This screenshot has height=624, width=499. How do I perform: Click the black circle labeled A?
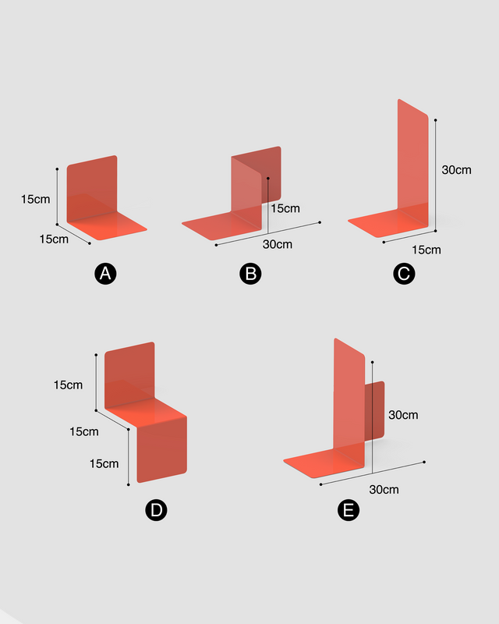pos(105,274)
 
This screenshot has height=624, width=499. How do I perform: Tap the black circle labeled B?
pos(251,274)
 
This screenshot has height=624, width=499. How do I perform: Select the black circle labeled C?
pos(404,274)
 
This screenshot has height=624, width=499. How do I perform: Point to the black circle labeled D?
pos(156,510)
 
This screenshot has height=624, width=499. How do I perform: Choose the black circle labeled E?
pos(349,510)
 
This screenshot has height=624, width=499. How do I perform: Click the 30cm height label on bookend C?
pos(456,170)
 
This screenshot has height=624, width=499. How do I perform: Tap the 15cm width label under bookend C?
pos(426,250)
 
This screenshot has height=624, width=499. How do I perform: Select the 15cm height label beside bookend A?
pos(35,199)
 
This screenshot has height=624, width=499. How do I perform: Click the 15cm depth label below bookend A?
pos(54,239)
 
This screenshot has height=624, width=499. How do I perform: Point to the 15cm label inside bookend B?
pos(285,208)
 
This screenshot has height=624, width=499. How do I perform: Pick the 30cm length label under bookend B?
pos(278,244)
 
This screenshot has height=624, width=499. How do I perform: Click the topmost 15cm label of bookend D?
pos(68,385)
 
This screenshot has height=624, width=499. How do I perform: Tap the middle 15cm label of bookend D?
pos(84,431)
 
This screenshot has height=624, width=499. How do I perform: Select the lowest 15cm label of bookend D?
pos(104,463)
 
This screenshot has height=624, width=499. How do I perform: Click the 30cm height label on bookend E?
pos(403,415)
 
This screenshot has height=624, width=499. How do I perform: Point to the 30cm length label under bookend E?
pos(384,490)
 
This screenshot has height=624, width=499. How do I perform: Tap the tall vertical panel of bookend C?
pos(413,159)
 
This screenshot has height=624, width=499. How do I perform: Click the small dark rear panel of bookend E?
pos(375,411)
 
